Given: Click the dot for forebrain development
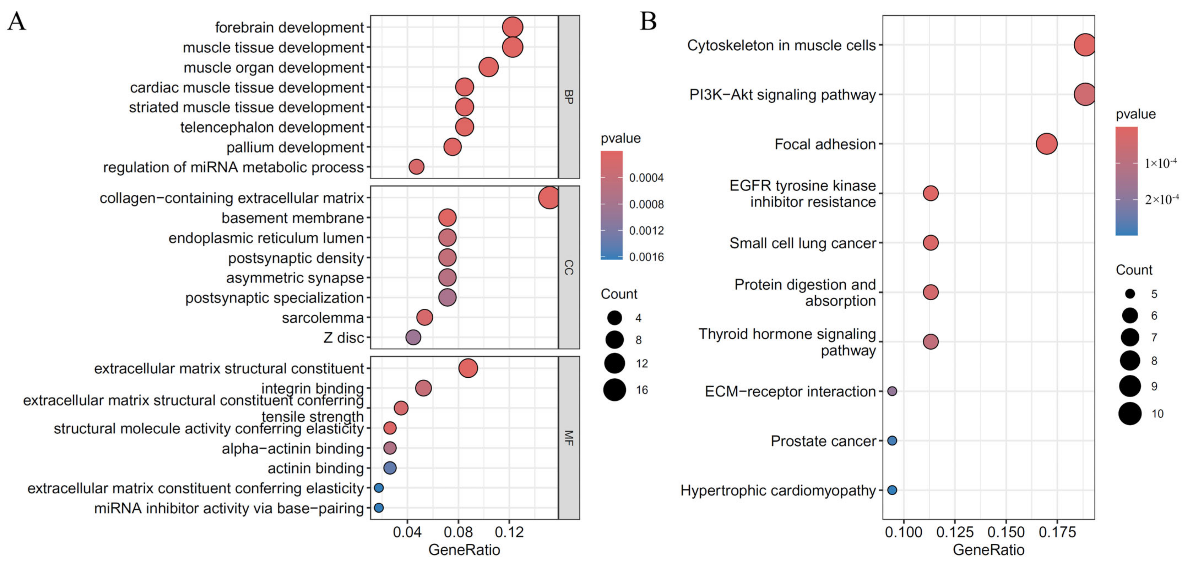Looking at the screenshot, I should pyautogui.click(x=512, y=27).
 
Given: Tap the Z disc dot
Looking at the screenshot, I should pyautogui.click(x=413, y=337).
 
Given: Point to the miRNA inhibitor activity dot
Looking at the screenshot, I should pyautogui.click(x=379, y=508).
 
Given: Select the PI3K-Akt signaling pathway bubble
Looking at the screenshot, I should pyautogui.click(x=1085, y=95).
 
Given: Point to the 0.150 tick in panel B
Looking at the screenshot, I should pyautogui.click(x=1006, y=532).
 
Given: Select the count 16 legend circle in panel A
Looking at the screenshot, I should pyautogui.click(x=614, y=390).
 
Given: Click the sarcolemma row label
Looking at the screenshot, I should pyautogui.click(x=323, y=318).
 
